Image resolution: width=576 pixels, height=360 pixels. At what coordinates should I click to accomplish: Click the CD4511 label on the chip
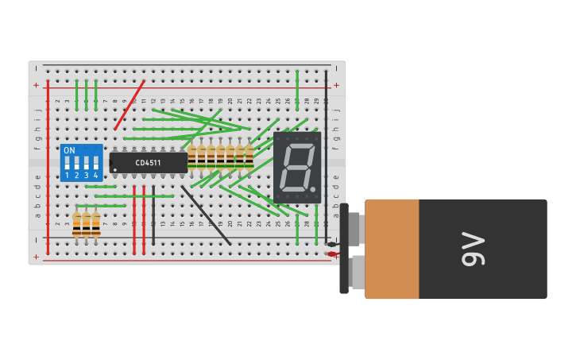tap(148, 163)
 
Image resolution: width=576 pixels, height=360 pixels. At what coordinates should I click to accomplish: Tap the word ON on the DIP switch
tap(69, 150)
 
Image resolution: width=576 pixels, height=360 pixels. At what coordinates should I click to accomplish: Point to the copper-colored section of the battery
tap(392, 249)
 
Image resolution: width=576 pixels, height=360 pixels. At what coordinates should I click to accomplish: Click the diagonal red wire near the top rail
tap(130, 105)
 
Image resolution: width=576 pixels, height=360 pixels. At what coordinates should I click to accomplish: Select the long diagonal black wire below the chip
tap(206, 215)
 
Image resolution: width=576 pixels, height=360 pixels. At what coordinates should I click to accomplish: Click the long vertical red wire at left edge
tap(48, 167)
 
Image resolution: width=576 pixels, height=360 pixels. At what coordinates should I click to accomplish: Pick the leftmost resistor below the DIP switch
tap(77, 224)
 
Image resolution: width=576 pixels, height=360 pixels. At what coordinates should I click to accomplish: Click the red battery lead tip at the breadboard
tap(331, 254)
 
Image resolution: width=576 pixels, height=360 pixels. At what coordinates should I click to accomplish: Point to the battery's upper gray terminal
tap(355, 228)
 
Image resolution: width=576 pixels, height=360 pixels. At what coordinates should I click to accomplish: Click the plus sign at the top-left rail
tap(36, 84)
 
